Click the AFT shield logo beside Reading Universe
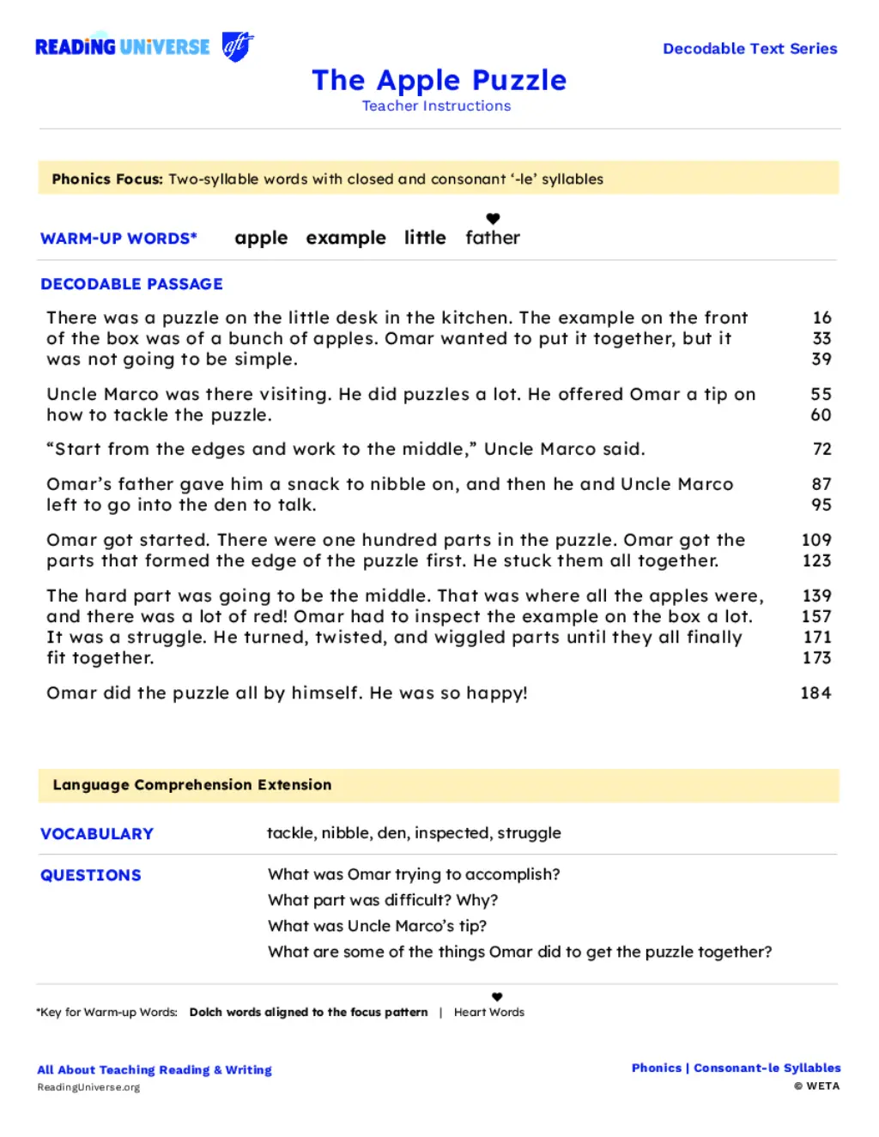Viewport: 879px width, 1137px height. point(237,46)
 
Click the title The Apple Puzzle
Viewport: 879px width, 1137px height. point(439,80)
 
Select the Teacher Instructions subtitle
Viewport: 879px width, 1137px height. point(436,106)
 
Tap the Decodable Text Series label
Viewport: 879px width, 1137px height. point(749,49)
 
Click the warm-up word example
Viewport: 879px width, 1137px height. point(346,238)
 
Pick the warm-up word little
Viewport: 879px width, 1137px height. point(425,238)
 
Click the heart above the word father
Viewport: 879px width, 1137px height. point(493,219)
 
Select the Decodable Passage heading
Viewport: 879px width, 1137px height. point(131,284)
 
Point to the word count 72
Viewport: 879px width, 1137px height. point(821,449)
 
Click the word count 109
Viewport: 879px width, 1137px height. point(816,540)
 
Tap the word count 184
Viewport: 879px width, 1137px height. point(815,692)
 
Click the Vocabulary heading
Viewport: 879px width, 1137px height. point(97,834)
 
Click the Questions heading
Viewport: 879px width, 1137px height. point(91,875)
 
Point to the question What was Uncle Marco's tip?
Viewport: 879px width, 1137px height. point(377,926)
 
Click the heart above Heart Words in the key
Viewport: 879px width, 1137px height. point(497,997)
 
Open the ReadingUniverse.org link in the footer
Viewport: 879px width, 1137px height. point(88,1087)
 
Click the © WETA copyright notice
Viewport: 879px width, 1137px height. point(816,1086)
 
